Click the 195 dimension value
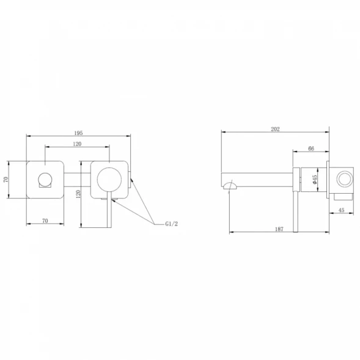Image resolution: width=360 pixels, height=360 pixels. [78, 133]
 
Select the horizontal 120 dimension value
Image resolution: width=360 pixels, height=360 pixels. [77, 144]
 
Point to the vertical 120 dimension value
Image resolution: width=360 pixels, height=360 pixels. [78, 194]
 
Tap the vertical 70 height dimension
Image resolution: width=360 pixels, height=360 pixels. [6, 180]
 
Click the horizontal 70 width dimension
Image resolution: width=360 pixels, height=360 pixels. [45, 221]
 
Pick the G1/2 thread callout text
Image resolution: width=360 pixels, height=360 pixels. [172, 224]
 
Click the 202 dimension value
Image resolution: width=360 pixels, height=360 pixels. [275, 129]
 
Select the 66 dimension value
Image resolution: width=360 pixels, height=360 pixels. [311, 149]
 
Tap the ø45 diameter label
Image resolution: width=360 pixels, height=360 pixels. [315, 179]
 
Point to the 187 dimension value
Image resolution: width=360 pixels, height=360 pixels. [279, 229]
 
